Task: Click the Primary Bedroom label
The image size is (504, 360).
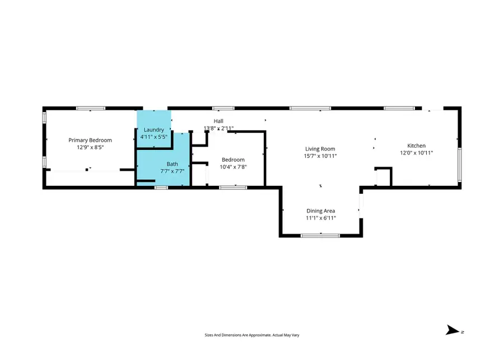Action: (90, 140)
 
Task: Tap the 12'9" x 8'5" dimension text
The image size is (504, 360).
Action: (90, 147)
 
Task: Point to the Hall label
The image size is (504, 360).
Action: (218, 121)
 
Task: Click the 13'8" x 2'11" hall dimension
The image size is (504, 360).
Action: (218, 128)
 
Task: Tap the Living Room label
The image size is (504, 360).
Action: (320, 148)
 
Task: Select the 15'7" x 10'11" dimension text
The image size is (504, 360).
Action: (320, 156)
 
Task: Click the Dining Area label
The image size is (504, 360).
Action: (320, 211)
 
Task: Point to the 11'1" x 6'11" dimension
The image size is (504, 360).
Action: (320, 218)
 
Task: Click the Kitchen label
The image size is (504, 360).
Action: (416, 146)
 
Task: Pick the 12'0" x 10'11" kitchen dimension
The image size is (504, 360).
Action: (416, 153)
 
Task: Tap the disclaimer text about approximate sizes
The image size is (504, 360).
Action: (251, 335)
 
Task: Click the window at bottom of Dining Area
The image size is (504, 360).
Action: (320, 236)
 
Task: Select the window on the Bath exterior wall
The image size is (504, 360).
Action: (161, 188)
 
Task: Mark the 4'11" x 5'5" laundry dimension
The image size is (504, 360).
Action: (153, 137)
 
